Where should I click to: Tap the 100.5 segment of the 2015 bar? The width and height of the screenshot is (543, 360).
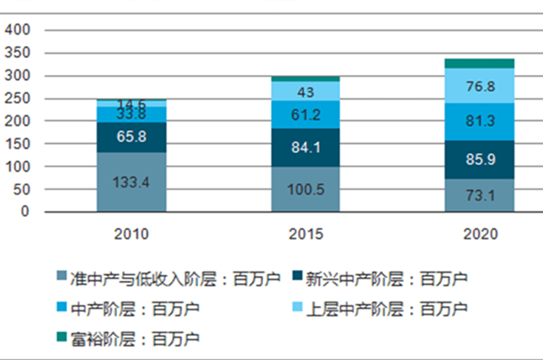coord(293,189)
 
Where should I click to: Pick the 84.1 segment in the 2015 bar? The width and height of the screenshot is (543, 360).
coord(293,147)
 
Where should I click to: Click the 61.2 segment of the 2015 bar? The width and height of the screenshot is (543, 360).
coord(293,114)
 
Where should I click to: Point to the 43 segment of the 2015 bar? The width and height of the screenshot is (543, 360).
coord(293,91)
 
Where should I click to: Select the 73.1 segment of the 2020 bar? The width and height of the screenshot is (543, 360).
coord(479,195)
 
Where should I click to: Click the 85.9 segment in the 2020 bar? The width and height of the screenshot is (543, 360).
coord(479,159)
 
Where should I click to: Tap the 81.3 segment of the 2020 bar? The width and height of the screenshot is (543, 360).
coord(479,121)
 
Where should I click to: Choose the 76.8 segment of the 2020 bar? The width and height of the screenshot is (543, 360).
coord(479,85)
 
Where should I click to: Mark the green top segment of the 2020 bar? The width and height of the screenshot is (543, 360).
coord(479,63)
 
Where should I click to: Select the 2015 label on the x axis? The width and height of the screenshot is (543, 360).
coord(293,234)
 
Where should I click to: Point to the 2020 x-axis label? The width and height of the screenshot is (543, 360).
coord(479,234)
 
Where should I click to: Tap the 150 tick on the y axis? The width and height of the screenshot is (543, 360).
coord(19,144)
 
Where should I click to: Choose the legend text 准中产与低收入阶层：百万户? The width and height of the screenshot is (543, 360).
coord(168,278)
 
